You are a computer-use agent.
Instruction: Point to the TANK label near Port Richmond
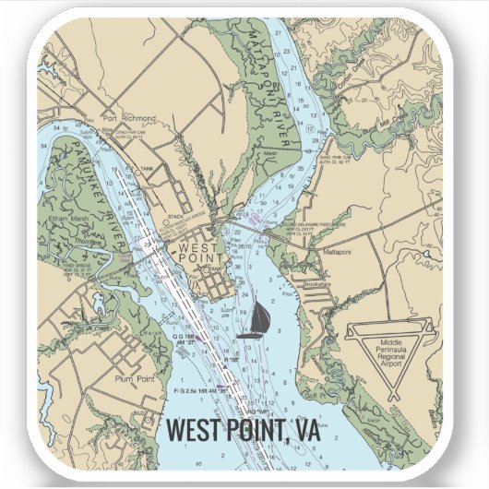(147, 169)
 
